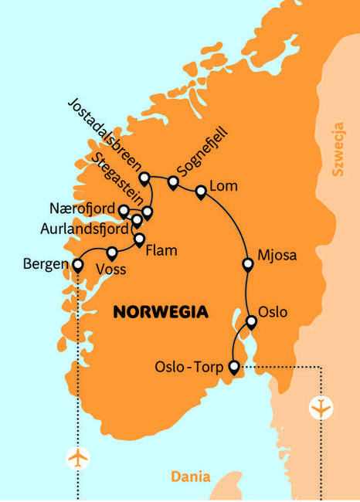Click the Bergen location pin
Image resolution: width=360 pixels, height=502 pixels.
(x=77, y=265)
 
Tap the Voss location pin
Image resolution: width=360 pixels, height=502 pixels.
(x=112, y=252)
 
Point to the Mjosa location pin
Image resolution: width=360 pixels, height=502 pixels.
(x=248, y=265)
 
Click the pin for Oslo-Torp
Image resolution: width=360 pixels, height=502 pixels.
(x=235, y=368)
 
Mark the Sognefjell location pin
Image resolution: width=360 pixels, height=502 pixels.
(x=173, y=183)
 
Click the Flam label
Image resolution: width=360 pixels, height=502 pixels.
(x=161, y=250)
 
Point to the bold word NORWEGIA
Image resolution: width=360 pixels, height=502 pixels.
(x=161, y=312)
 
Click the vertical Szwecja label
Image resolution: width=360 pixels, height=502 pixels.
(x=338, y=148)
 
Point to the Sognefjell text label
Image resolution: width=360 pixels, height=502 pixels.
(x=202, y=158)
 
